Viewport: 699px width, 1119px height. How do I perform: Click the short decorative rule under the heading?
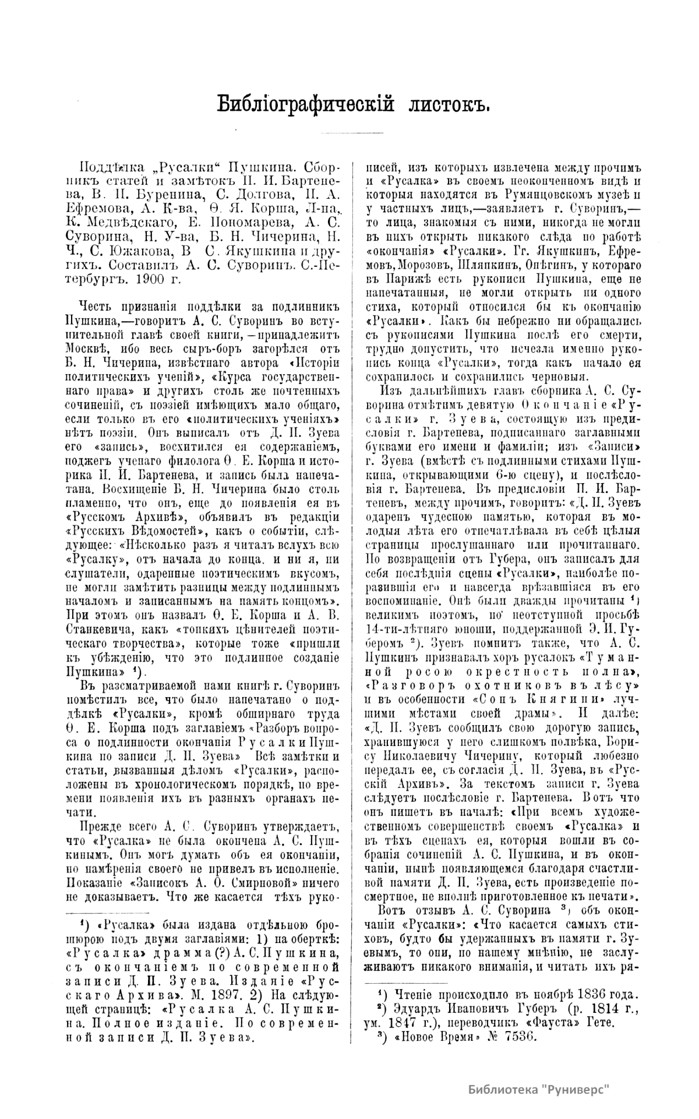click(x=349, y=133)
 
